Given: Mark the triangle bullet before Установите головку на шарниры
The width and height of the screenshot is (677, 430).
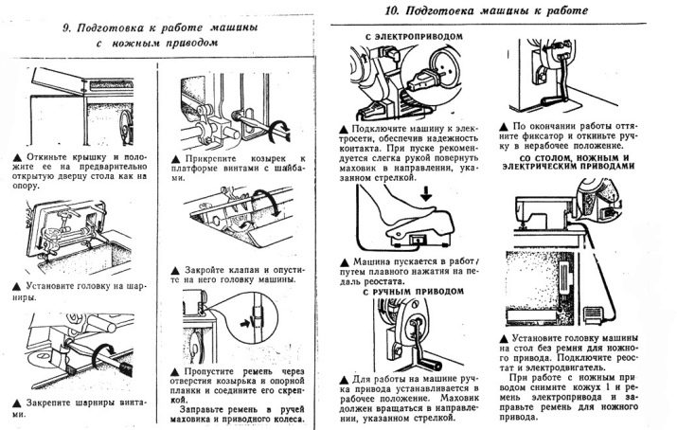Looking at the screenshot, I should pyautogui.click(x=18, y=283).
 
